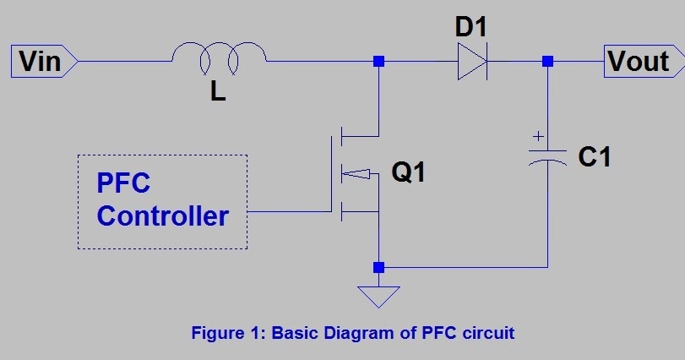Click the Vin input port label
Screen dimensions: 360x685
[x=40, y=61]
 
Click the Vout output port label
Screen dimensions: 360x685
[x=639, y=61]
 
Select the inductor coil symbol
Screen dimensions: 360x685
[x=219, y=57]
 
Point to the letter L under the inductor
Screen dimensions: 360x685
[x=218, y=92]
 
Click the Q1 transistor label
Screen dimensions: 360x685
[x=409, y=173]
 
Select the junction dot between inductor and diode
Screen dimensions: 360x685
[x=378, y=62]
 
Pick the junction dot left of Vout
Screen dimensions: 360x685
[x=548, y=62]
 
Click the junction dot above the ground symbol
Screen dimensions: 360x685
[x=378, y=267]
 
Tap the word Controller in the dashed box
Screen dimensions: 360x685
[x=162, y=215]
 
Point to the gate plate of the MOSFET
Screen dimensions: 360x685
[x=331, y=173]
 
